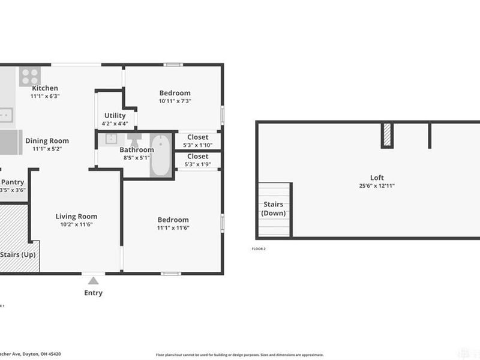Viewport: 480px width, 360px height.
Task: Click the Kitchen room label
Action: tap(45, 88)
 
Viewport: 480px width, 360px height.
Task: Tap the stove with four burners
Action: tap(29, 76)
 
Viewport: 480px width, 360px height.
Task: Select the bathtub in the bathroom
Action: tap(160, 155)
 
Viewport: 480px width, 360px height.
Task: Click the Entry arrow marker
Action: tap(93, 280)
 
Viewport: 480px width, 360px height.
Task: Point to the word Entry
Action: tap(93, 293)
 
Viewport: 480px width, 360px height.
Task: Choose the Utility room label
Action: tap(115, 116)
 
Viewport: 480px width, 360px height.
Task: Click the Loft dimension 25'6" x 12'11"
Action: tap(377, 186)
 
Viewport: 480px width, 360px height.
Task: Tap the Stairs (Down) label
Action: tap(274, 209)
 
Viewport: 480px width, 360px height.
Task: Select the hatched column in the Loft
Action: tap(387, 135)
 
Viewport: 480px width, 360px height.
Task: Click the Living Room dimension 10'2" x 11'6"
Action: tap(76, 224)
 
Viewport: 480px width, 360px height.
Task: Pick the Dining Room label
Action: tap(47, 141)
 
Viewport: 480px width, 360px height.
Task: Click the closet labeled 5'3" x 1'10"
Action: tap(197, 141)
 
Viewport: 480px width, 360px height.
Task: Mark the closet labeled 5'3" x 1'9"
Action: tap(197, 160)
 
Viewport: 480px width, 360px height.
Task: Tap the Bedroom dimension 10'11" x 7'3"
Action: tap(175, 101)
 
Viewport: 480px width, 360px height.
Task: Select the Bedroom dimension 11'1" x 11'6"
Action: tap(173, 228)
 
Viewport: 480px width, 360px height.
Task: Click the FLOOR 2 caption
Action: tap(259, 248)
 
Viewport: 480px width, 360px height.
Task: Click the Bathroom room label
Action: tap(136, 150)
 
